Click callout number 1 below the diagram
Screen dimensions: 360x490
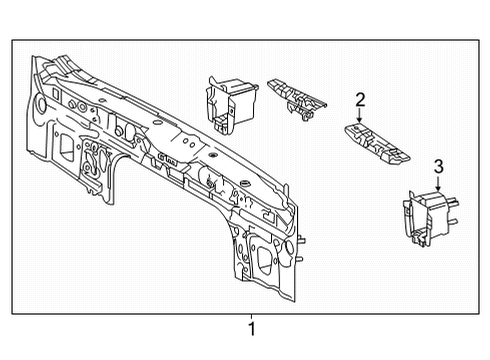(252, 328)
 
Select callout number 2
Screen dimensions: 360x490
(360, 98)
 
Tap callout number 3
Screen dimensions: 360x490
(438, 165)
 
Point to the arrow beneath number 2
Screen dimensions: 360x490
(360, 115)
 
